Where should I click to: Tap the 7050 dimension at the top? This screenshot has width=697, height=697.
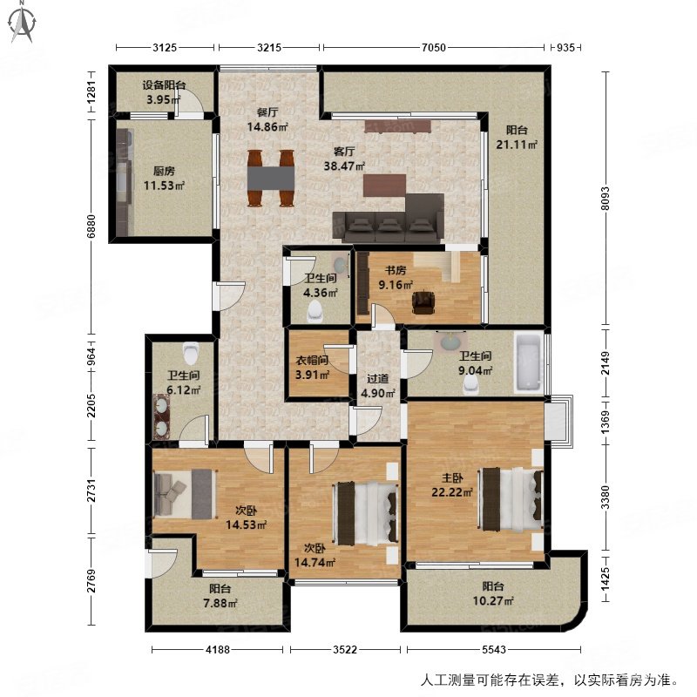tap(432, 48)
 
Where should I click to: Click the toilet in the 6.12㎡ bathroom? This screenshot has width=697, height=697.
tap(192, 353)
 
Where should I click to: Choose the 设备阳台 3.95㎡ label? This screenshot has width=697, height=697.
tap(164, 92)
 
